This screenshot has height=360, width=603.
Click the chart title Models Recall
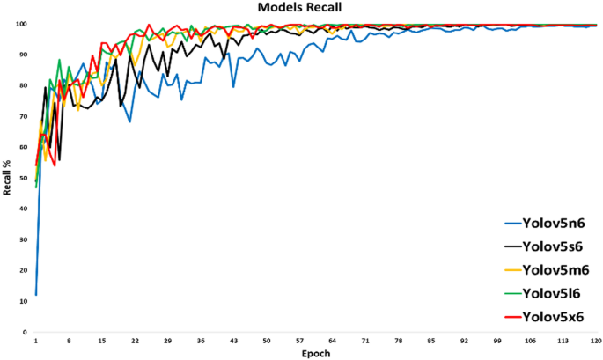pyautogui.click(x=300, y=8)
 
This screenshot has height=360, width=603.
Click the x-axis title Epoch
pyautogui.click(x=316, y=353)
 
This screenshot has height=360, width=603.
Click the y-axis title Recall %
pyautogui.click(x=8, y=178)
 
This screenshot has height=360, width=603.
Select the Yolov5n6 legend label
pyautogui.click(x=553, y=224)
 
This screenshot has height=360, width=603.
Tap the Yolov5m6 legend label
pyautogui.click(x=555, y=269)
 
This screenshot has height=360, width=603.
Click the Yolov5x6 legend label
pyautogui.click(x=553, y=316)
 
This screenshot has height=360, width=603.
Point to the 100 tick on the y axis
pyautogui.click(x=22, y=24)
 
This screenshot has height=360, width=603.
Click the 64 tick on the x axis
pyautogui.click(x=332, y=341)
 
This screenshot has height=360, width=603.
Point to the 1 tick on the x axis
pyautogui.click(x=35, y=341)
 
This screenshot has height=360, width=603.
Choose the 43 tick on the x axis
pyautogui.click(x=233, y=341)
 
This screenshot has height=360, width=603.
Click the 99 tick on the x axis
pyautogui.click(x=497, y=341)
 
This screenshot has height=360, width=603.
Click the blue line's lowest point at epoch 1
pyautogui.click(x=35, y=295)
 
